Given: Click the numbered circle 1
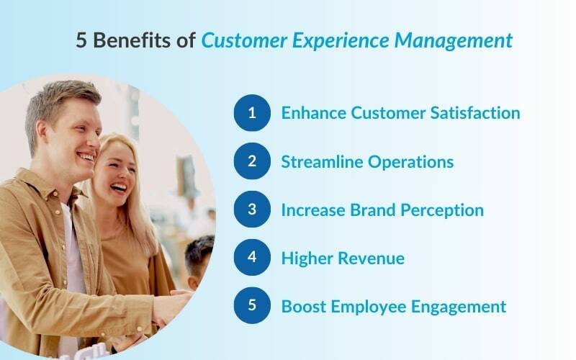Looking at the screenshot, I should (252, 113).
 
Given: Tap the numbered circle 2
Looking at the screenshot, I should (252, 161).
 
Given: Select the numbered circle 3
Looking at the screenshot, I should (252, 210).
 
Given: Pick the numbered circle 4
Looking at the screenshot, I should (252, 258).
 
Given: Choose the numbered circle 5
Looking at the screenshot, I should (252, 305).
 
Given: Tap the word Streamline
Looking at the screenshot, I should (322, 161).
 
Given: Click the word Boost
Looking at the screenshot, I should (303, 306).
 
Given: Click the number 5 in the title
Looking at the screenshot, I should (81, 41).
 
